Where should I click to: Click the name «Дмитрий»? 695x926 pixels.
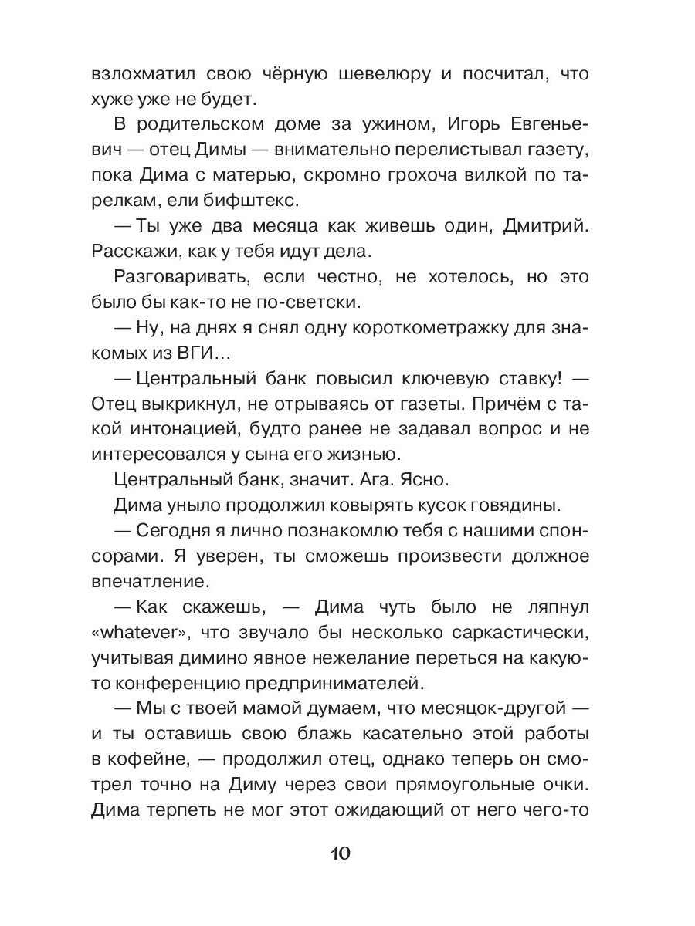point(533,226)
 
